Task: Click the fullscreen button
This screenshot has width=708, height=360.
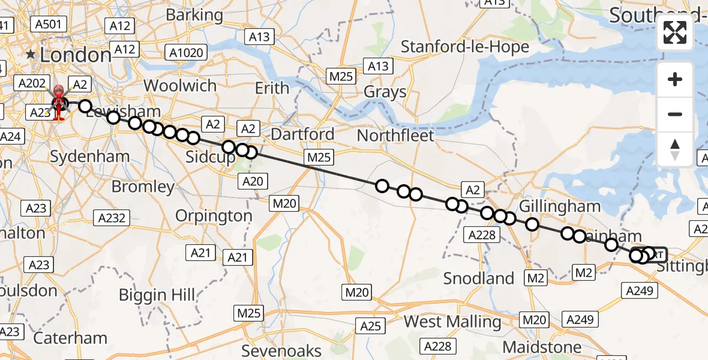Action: point(675,32)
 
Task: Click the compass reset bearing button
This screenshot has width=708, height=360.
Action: point(675,149)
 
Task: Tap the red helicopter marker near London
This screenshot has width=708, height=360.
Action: point(59,101)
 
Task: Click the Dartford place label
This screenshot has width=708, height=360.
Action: point(302,134)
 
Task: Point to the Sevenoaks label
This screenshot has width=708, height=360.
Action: point(290,350)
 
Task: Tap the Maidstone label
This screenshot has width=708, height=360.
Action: point(542,347)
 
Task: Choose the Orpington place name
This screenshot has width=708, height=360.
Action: point(214,215)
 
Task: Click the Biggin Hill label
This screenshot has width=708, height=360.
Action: point(157,295)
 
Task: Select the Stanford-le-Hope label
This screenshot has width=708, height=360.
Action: point(465,47)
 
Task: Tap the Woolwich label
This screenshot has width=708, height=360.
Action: point(180,86)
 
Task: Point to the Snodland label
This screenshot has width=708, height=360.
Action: point(479,278)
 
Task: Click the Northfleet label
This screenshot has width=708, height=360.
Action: point(395,136)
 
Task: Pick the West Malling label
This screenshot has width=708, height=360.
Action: point(452,322)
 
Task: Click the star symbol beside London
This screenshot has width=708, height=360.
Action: point(31,55)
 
